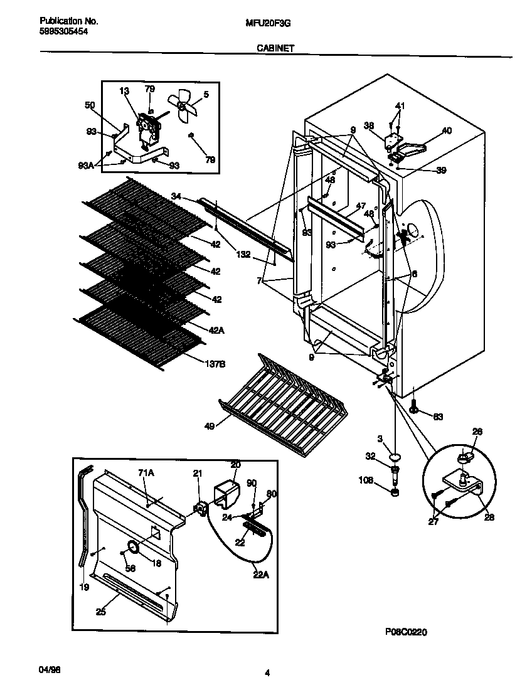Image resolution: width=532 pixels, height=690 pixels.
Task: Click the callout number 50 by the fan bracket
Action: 90,105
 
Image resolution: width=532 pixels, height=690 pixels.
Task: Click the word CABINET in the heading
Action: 275,47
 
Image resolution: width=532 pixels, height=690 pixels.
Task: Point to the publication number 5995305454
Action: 59,31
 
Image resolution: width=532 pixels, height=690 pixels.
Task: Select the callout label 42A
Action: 216,328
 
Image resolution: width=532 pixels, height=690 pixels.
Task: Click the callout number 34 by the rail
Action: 176,197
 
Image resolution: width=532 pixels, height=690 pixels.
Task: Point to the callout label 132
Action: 244,255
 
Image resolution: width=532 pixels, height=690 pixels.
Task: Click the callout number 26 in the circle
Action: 478,431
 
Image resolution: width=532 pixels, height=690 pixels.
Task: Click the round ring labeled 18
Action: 133,548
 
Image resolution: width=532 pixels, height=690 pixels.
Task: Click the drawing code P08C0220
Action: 406,633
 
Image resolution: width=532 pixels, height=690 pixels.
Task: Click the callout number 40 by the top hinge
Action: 446,131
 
